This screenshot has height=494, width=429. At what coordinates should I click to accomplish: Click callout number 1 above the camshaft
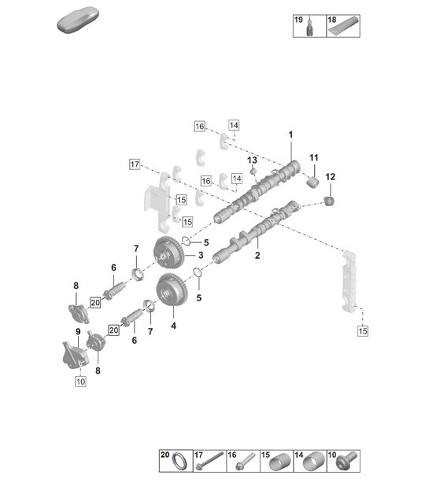point(290,135)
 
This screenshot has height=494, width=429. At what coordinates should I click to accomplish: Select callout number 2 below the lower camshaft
point(257,256)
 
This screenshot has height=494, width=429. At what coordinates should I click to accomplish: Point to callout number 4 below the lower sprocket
point(172,325)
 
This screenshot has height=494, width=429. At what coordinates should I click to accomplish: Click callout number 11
point(313,159)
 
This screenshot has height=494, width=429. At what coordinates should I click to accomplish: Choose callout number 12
point(330,176)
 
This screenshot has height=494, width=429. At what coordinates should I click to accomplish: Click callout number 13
point(253,160)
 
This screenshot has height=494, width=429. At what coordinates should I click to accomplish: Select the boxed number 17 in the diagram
point(135,164)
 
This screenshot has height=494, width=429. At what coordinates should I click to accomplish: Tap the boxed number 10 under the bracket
point(80,382)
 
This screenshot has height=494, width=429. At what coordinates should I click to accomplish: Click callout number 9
point(78,331)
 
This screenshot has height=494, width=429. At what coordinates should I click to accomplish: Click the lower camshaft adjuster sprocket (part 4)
point(171,293)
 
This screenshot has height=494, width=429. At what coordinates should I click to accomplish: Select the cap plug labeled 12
point(331,205)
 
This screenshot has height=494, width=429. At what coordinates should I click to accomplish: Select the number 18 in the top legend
point(331,18)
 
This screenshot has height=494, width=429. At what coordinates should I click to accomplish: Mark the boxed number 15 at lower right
point(362,331)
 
